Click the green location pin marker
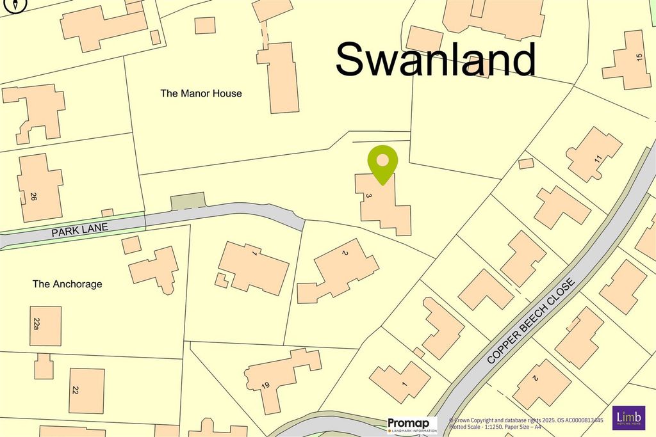click(x=382, y=163)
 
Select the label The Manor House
click(x=201, y=93)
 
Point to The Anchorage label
click(x=67, y=284)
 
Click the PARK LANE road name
click(x=80, y=229)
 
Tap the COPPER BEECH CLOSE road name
click(x=532, y=322)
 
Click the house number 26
click(x=33, y=197)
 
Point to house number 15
click(x=638, y=58)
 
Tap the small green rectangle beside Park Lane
click(x=188, y=201)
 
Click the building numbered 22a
click(x=45, y=326)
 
